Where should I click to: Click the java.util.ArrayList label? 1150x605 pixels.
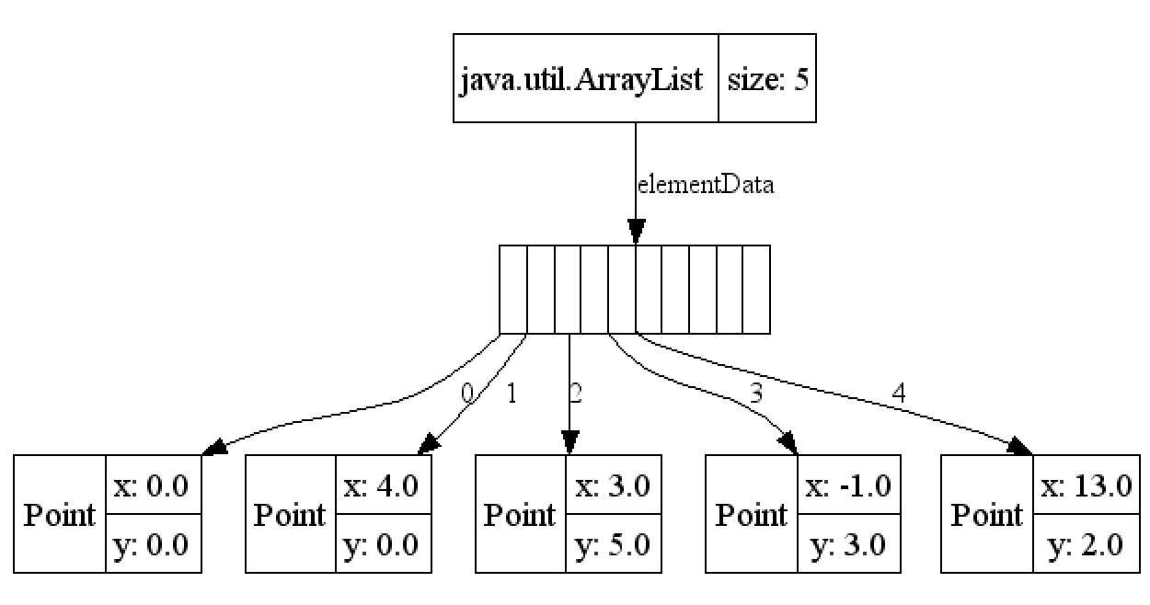[581, 80]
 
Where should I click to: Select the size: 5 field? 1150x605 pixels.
[767, 80]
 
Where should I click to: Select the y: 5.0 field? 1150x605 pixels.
[613, 544]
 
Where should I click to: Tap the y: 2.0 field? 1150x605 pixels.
[1086, 544]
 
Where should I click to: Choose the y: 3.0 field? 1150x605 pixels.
[848, 544]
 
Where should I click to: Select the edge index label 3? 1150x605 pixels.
[756, 394]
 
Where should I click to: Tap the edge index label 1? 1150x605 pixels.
[512, 394]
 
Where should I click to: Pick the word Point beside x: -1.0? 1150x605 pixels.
[752, 515]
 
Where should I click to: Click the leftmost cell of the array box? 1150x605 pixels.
[512, 290]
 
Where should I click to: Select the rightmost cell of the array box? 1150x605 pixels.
[755, 290]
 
